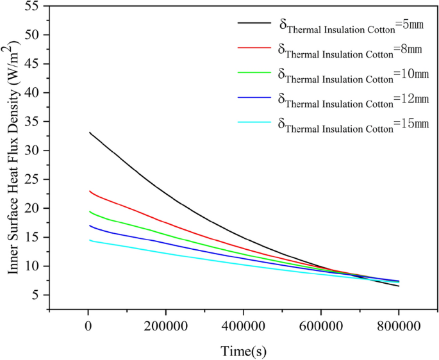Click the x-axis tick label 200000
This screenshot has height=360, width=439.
click(x=166, y=327)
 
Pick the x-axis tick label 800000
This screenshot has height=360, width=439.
click(x=398, y=327)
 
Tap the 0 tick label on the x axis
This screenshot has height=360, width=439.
click(x=88, y=327)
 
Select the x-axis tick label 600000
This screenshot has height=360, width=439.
click(x=320, y=327)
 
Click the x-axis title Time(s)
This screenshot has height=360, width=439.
click(x=244, y=350)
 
